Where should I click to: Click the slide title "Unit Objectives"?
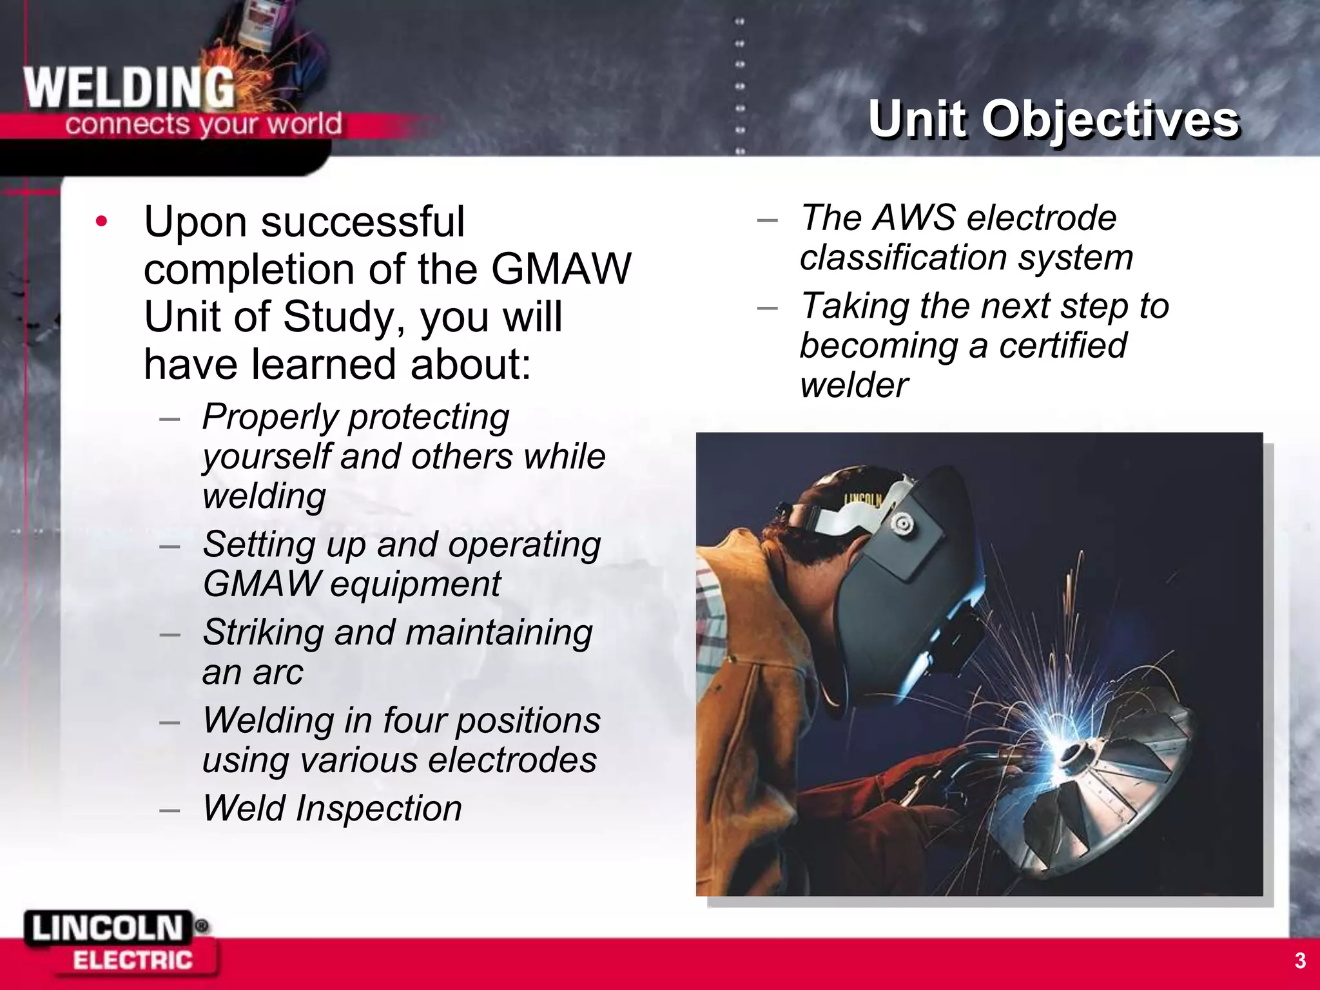pos(1053,119)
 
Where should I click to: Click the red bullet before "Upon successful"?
pos(101,221)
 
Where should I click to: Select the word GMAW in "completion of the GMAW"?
pos(561,269)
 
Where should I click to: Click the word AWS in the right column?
pos(913,217)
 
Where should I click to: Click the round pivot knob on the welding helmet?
pos(901,523)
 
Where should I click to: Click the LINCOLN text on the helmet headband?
pos(862,498)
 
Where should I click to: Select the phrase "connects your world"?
pos(203,124)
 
